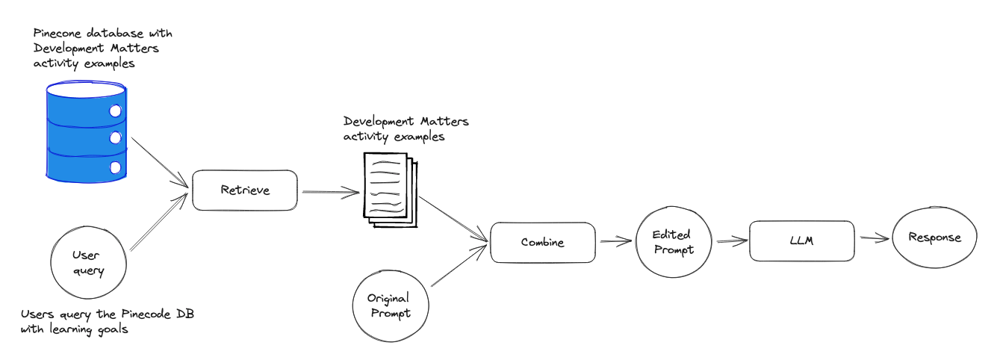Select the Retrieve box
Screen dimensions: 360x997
click(245, 190)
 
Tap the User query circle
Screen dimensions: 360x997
click(89, 263)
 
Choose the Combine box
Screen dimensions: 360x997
click(543, 242)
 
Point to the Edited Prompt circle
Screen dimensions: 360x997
click(674, 242)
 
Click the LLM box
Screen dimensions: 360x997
click(801, 240)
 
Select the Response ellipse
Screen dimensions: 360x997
click(934, 238)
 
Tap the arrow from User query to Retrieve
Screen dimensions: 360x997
click(160, 223)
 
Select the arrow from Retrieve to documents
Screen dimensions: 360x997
click(329, 193)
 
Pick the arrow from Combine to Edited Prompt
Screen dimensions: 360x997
click(615, 242)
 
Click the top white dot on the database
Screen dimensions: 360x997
click(116, 111)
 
